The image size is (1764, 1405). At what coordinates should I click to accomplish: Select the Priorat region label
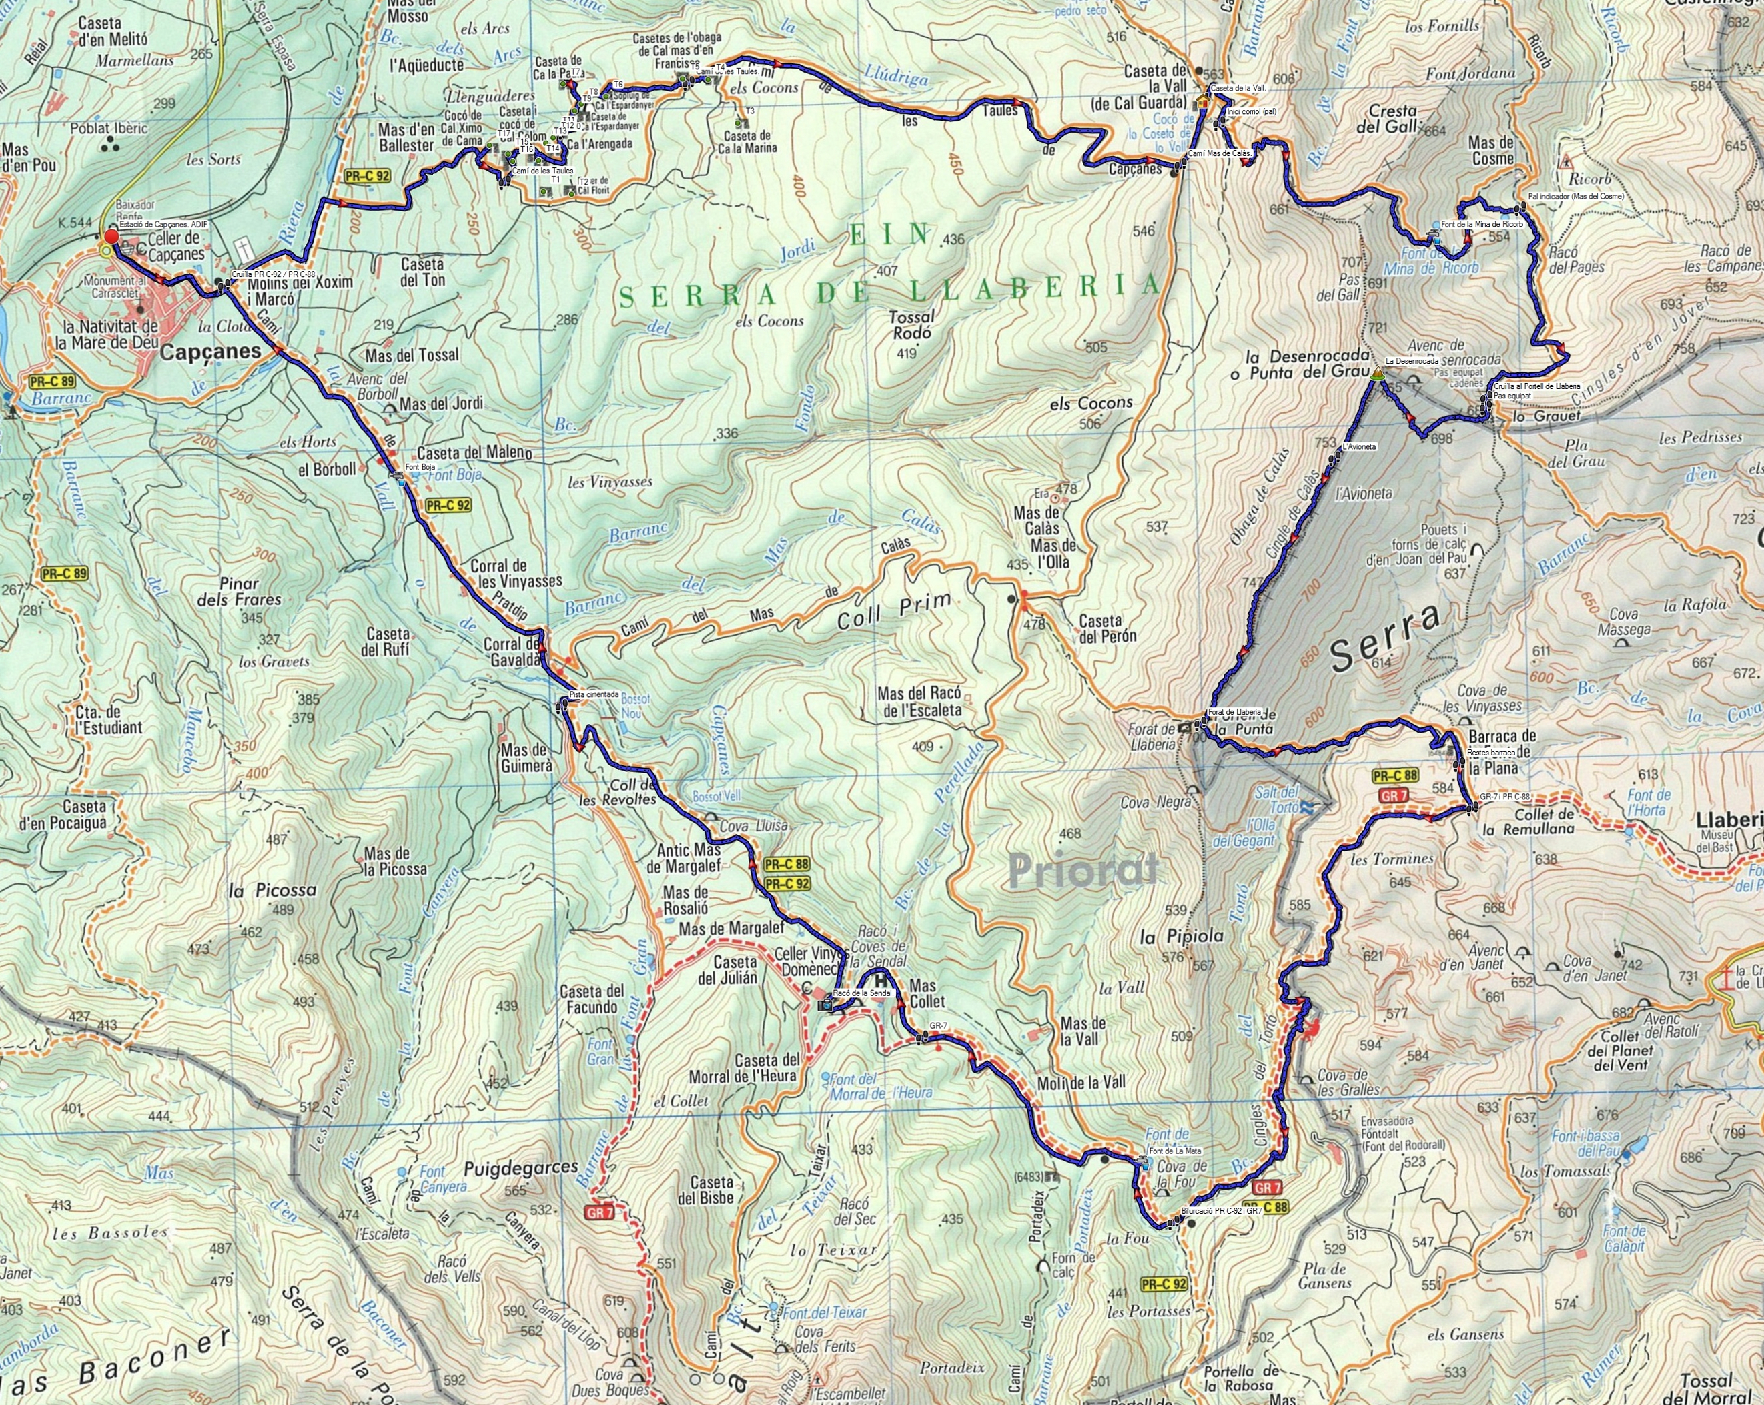pyautogui.click(x=1083, y=870)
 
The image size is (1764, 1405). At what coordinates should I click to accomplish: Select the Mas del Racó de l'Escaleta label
pyautogui.click(x=917, y=701)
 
